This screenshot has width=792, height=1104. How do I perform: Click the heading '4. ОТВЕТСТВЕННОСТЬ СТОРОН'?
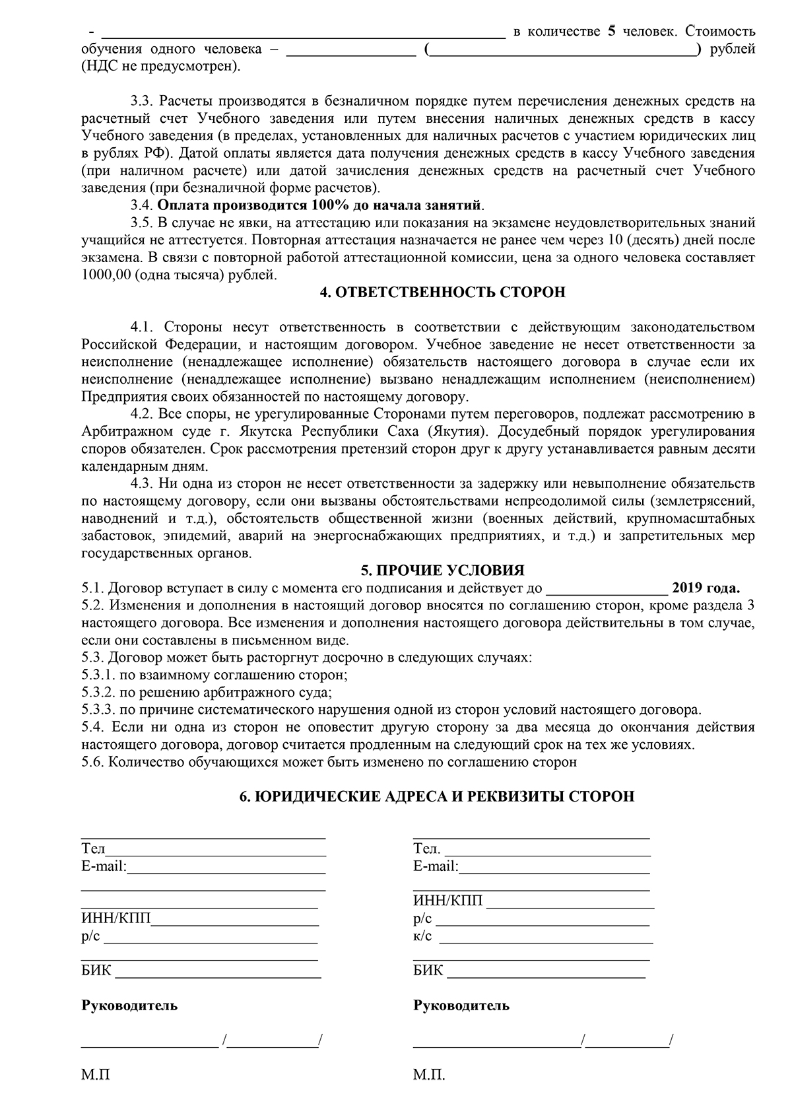442,293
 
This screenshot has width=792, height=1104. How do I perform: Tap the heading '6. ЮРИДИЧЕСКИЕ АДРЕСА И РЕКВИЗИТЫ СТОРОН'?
436,796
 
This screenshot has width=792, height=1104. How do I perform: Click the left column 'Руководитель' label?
129,1006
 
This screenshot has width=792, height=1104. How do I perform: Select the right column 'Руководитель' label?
461,1006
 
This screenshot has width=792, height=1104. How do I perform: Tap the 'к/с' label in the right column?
422,936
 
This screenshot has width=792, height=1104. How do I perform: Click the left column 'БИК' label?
96,971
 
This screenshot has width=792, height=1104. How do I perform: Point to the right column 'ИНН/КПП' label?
448,901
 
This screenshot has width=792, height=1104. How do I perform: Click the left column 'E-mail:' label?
104,866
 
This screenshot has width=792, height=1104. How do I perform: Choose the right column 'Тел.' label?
426,848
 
